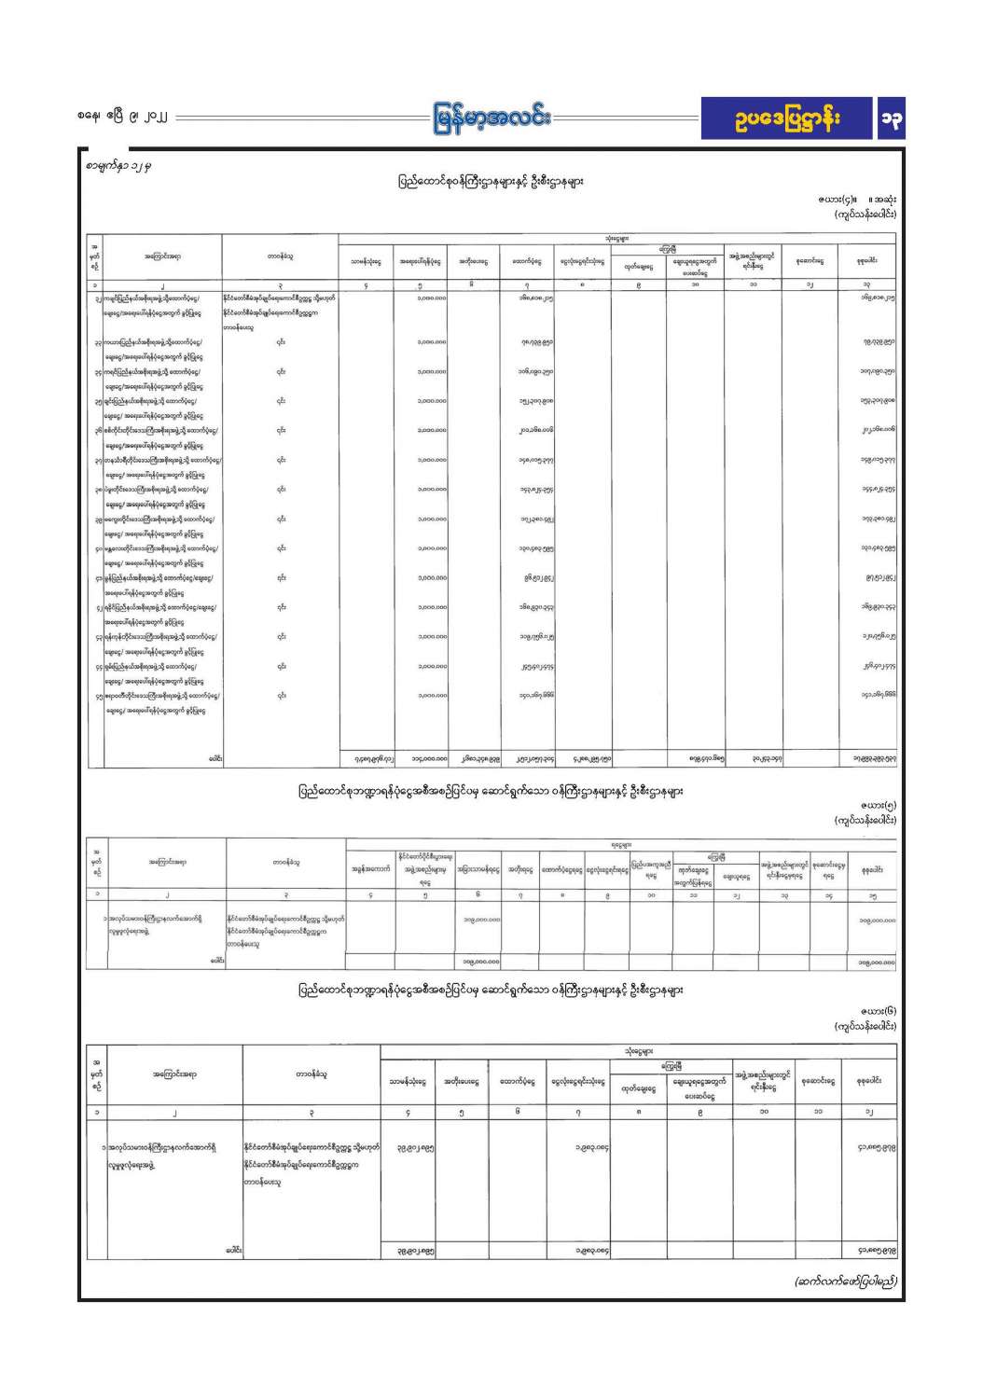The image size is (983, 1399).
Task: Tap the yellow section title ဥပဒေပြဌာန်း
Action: (787, 119)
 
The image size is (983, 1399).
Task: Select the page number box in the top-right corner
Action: (891, 119)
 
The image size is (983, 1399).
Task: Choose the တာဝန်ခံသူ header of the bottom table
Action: (312, 1074)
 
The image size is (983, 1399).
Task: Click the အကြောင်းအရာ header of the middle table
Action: (168, 862)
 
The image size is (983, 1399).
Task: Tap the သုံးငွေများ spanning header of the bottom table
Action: (639, 1051)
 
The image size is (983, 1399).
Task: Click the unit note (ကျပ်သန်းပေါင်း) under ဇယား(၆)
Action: (865, 1026)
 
